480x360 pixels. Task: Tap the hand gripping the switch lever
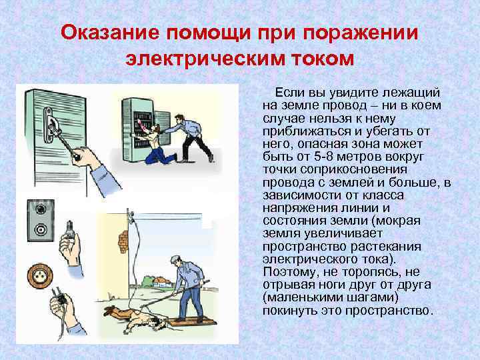86,157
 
